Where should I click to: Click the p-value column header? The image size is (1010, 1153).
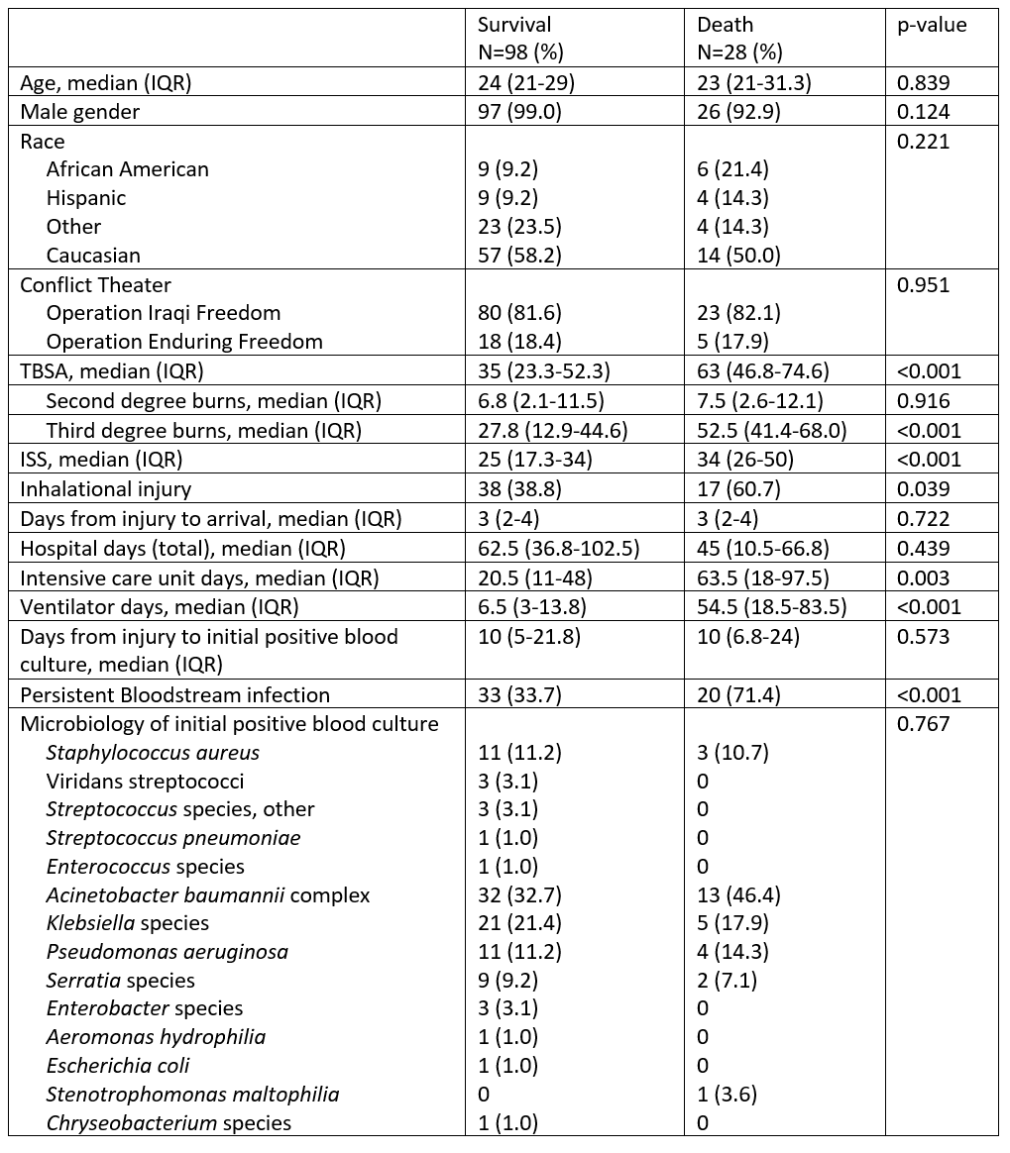(931, 25)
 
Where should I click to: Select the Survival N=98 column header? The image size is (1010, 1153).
(520, 38)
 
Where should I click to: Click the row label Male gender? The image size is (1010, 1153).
(80, 112)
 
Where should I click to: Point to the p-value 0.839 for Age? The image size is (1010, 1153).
(923, 83)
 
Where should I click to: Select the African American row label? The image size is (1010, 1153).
(128, 169)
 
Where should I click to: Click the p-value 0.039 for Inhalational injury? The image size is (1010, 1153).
(923, 488)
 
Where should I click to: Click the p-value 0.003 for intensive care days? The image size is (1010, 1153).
(923, 577)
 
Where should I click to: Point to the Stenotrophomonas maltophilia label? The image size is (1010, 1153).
(193, 1095)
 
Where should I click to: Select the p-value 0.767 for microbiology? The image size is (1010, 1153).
(923, 724)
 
